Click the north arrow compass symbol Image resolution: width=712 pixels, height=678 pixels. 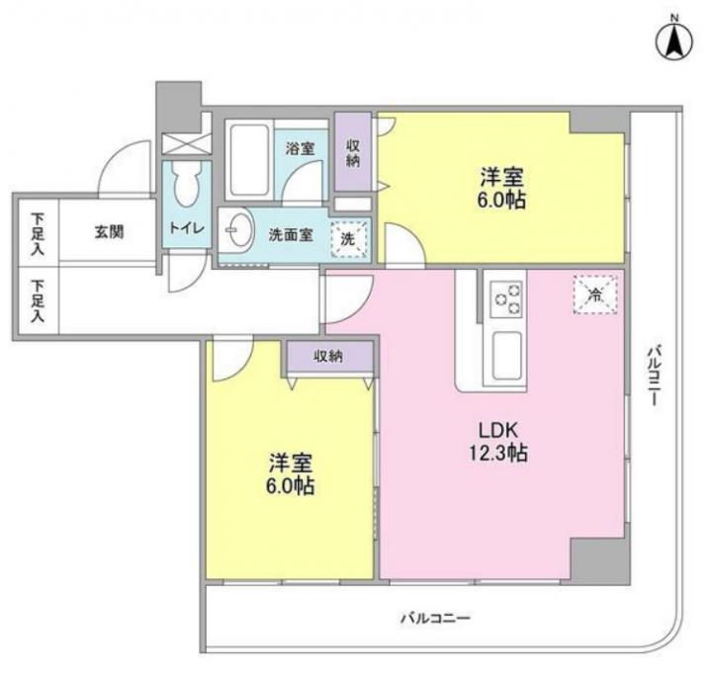pyautogui.click(x=674, y=40)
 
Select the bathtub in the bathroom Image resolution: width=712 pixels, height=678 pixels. pyautogui.click(x=249, y=159)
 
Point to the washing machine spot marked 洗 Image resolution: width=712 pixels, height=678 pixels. pyautogui.click(x=348, y=239)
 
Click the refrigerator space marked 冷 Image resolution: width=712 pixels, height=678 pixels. pyautogui.click(x=595, y=295)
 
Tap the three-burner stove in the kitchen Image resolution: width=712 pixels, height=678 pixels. pyautogui.click(x=505, y=298)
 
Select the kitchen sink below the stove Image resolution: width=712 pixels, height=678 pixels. pyautogui.click(x=506, y=355)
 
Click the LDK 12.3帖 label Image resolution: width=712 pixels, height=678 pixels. pyautogui.click(x=498, y=441)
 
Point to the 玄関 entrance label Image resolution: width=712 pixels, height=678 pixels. pyautogui.click(x=109, y=232)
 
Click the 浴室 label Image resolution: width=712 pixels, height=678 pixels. pyautogui.click(x=300, y=148)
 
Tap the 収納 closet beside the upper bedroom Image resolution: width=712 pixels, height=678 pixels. pyautogui.click(x=353, y=152)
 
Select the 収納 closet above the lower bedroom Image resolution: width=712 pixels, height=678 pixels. pyautogui.click(x=330, y=357)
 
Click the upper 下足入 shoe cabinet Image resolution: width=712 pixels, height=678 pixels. pyautogui.click(x=39, y=233)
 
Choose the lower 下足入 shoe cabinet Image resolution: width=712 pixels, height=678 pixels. pyautogui.click(x=39, y=300)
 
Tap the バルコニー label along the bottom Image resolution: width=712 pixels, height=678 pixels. pyautogui.click(x=435, y=618)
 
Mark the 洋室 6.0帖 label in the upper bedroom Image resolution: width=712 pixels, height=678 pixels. pyautogui.click(x=501, y=188)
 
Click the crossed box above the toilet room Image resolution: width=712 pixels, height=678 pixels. pyautogui.click(x=187, y=144)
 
